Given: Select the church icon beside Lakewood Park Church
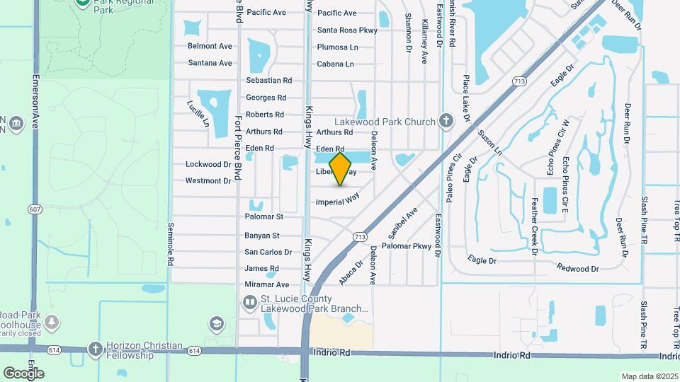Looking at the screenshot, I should click(446, 120).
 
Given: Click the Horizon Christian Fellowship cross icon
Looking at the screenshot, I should click(96, 349).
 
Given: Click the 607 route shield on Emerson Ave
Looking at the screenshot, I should click(34, 209).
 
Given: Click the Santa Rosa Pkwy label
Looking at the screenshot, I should click(346, 30).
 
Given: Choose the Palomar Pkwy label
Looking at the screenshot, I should click(407, 246).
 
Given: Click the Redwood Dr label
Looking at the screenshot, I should click(577, 268).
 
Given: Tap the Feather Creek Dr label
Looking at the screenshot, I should click(535, 224).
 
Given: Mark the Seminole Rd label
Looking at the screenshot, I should click(171, 245).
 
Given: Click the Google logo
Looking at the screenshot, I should click(23, 373).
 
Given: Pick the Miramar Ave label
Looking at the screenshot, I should click(262, 284).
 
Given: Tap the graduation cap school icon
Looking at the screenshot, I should click(216, 324).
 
